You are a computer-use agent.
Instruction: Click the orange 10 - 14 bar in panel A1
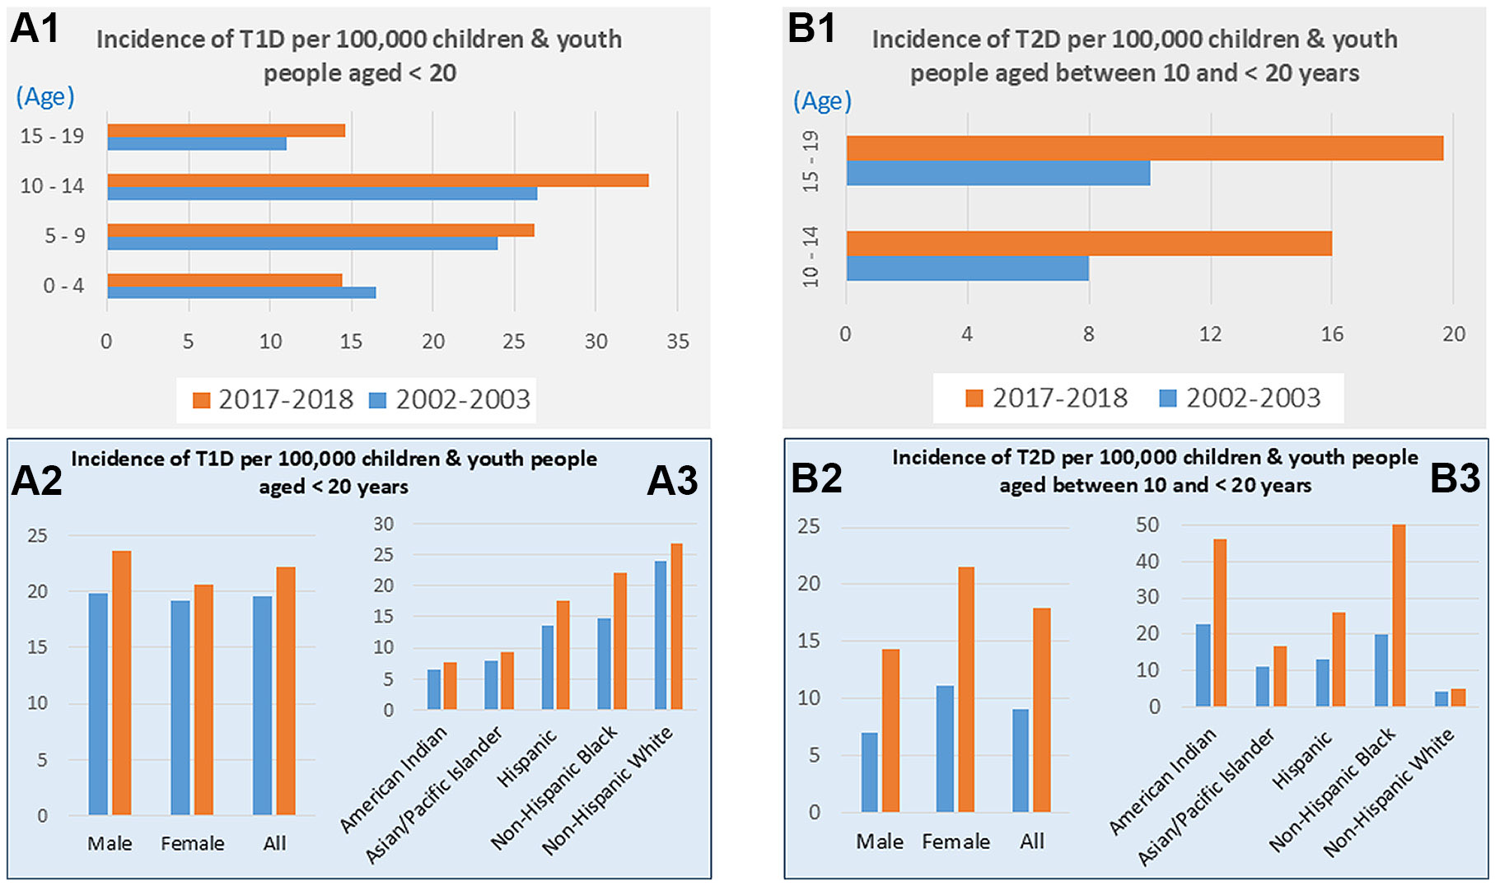point(377,180)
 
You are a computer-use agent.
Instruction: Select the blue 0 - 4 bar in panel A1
point(241,292)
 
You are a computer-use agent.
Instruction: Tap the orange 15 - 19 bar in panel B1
point(1144,148)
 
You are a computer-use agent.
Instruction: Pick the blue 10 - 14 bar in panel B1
point(967,268)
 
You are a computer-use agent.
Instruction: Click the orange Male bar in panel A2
point(122,683)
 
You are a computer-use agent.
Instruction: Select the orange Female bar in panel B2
point(965,689)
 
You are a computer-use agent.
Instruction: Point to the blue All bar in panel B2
point(1021,761)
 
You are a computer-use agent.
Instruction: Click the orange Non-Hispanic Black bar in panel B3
point(1399,615)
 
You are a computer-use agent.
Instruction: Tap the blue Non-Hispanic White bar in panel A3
point(661,635)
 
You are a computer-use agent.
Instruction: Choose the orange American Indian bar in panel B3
point(1220,623)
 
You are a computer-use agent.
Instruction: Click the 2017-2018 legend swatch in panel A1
point(201,400)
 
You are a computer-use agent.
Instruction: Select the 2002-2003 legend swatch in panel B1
point(1167,399)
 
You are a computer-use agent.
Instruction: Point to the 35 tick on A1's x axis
point(678,342)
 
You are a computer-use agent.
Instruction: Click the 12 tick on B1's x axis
point(1210,334)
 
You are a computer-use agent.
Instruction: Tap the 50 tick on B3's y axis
point(1147,525)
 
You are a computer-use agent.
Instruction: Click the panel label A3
point(672,481)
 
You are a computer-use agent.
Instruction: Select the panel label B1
point(811,29)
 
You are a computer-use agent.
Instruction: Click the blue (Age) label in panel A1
point(45,97)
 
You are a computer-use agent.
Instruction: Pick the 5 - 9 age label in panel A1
point(64,236)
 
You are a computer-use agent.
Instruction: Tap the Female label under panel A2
point(192,843)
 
